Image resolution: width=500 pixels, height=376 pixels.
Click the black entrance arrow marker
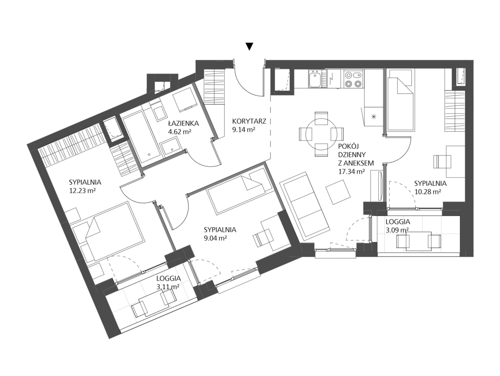[250, 47]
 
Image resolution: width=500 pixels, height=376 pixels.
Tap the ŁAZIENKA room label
[184, 123]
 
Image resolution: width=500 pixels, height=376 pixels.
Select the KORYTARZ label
[249, 121]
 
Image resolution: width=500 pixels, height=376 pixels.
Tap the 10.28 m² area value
[427, 191]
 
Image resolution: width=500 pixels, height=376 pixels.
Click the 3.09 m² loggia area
[397, 230]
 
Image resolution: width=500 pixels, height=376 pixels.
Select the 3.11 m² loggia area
[168, 287]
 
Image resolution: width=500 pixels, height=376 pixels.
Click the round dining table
[321, 134]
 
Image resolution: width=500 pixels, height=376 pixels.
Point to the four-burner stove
[354, 79]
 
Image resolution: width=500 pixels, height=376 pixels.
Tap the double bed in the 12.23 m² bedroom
[112, 230]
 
